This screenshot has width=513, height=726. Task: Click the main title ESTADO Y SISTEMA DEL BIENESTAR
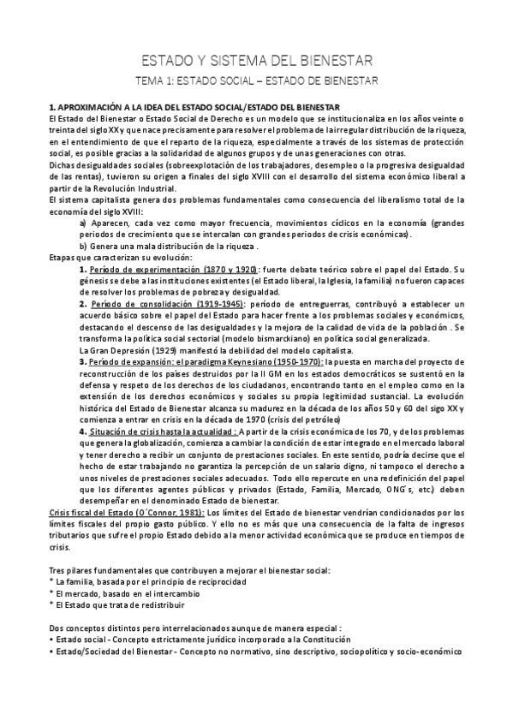coord(256,61)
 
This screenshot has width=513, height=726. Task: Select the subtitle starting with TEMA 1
coord(256,80)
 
